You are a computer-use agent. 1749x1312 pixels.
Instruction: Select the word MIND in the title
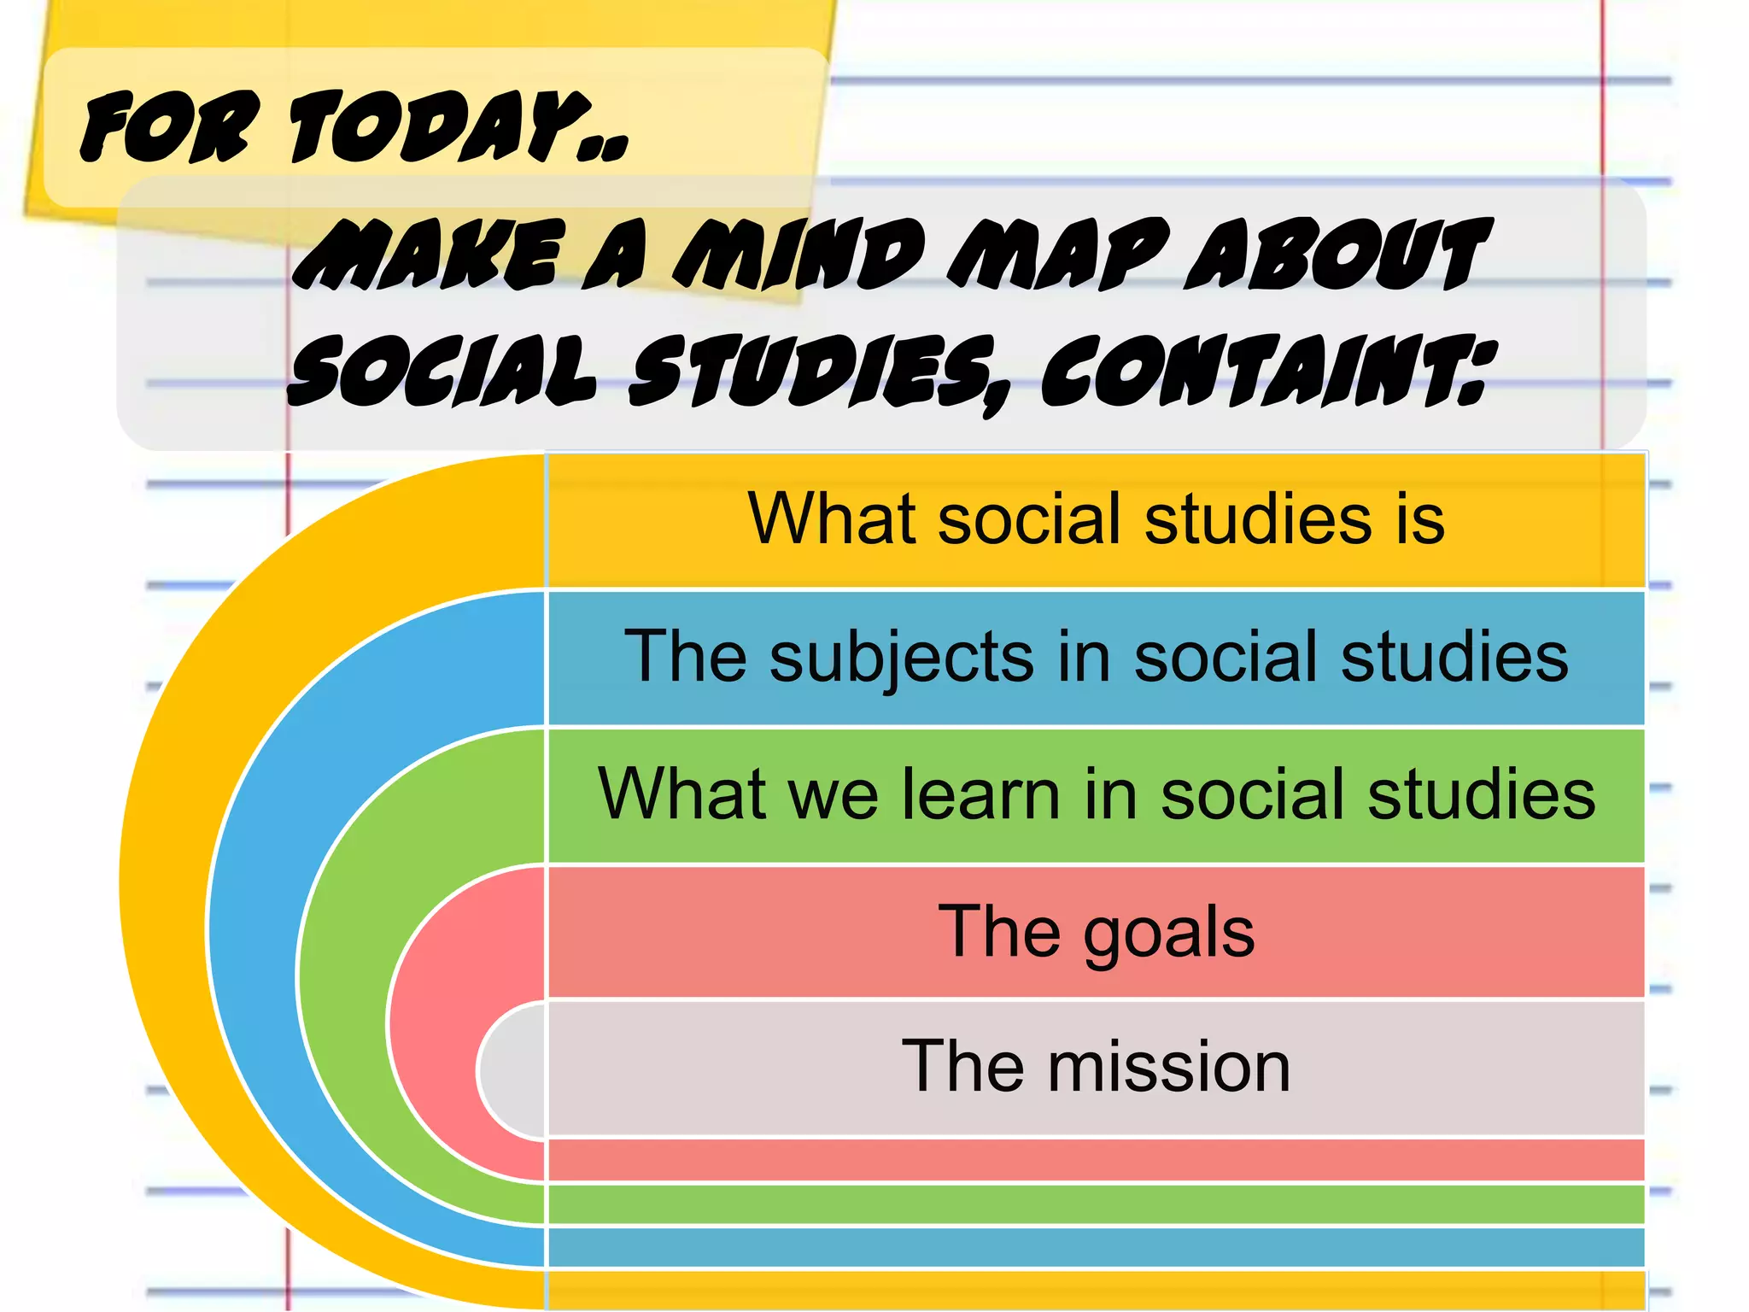tap(798, 254)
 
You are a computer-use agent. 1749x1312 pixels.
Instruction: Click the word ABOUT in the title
tap(1337, 254)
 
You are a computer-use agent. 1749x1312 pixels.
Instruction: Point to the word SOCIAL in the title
tap(441, 371)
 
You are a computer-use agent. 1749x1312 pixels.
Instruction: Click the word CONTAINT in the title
tap(1264, 371)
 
